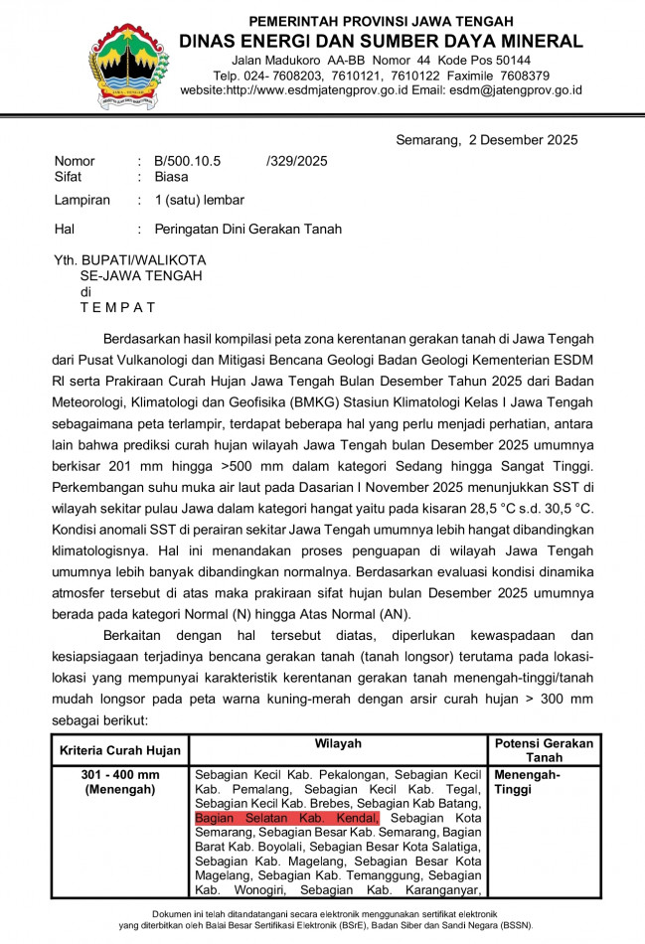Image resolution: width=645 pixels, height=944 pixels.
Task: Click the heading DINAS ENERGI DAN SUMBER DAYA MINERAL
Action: tap(381, 41)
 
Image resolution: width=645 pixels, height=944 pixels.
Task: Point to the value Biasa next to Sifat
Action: tap(171, 177)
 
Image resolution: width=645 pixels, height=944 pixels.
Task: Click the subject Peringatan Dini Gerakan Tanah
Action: tap(247, 229)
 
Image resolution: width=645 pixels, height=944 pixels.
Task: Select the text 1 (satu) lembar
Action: tap(199, 200)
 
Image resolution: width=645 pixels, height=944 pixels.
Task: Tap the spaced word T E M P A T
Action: tap(117, 307)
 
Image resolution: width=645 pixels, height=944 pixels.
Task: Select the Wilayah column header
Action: tap(338, 743)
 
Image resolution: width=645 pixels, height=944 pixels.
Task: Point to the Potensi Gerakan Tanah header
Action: tap(544, 750)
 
